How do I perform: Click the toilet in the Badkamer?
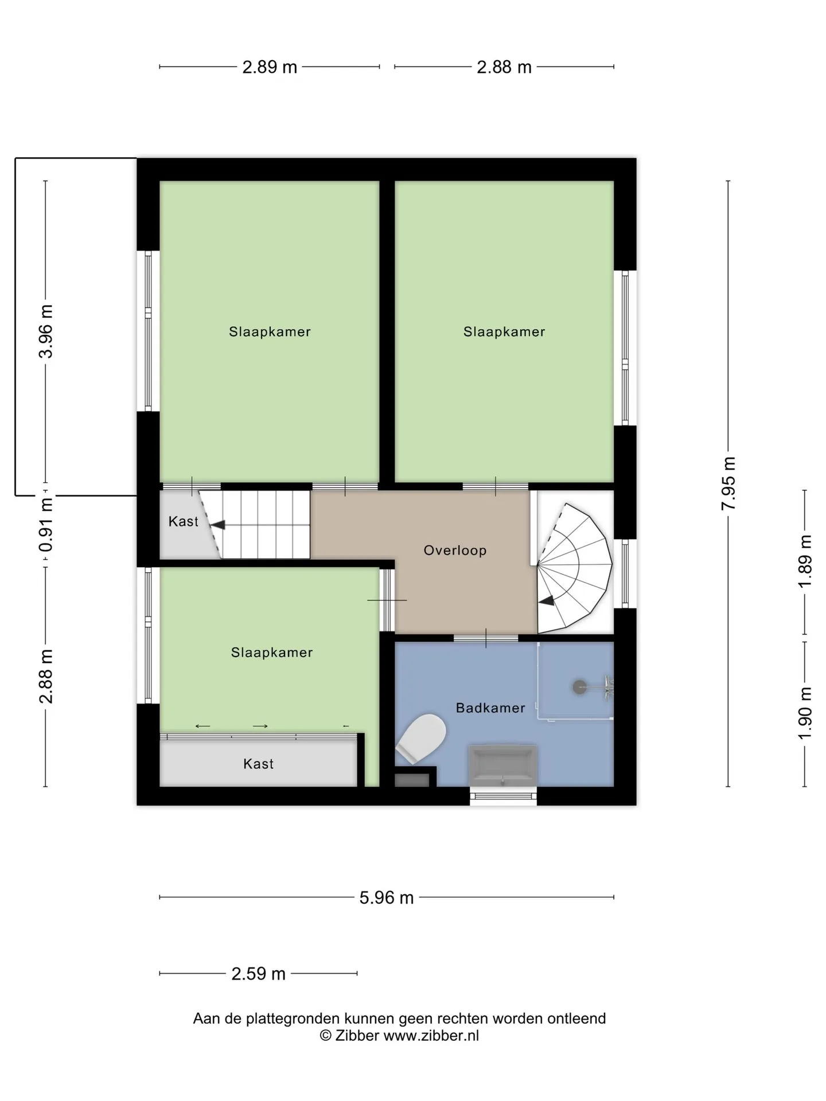click(x=422, y=739)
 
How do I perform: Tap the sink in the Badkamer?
click(x=503, y=766)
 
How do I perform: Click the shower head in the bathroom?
click(x=580, y=686)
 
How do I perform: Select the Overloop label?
click(x=455, y=550)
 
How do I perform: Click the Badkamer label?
click(x=490, y=708)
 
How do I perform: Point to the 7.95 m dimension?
click(x=728, y=483)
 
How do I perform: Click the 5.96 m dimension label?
click(x=387, y=897)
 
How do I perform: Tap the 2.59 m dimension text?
click(x=258, y=974)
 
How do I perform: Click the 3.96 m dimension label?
click(x=46, y=331)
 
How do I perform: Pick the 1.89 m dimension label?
click(x=805, y=561)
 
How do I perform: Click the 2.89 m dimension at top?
click(x=270, y=67)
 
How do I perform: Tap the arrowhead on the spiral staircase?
click(x=546, y=600)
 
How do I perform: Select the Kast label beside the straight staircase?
click(x=183, y=521)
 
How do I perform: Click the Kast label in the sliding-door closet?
click(x=258, y=764)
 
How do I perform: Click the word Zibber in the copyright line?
click(x=357, y=1036)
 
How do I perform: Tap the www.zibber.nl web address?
click(x=431, y=1036)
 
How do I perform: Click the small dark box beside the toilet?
click(x=412, y=780)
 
